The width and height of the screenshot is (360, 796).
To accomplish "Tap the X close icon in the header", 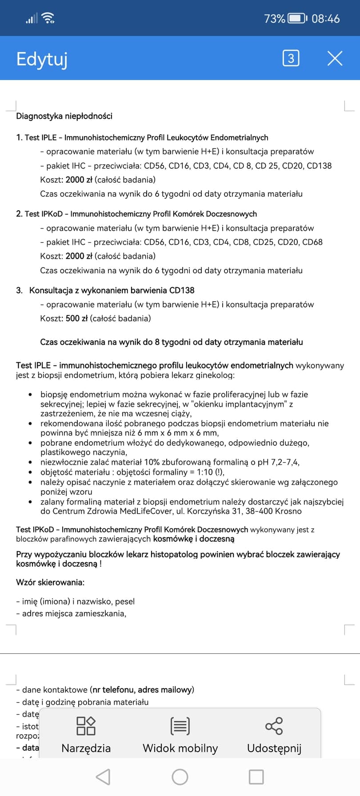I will (x=335, y=58).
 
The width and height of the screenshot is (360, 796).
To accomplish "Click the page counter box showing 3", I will (x=291, y=58).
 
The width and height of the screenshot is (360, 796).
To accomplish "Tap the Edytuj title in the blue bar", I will (x=42, y=59).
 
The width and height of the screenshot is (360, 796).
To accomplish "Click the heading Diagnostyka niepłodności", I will (x=64, y=116).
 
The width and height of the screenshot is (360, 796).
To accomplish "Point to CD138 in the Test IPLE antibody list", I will (x=319, y=166).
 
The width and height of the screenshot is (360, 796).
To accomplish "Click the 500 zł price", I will (x=76, y=318).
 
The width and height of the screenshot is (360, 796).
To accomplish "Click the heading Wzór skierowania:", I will (x=50, y=582).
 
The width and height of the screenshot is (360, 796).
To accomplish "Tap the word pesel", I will (x=125, y=601).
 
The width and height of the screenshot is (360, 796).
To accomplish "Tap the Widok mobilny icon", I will (x=180, y=726).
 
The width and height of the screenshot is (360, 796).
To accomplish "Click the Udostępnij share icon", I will (x=274, y=726).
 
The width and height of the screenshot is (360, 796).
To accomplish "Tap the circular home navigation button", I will (x=180, y=777).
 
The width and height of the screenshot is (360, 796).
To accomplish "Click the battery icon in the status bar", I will (x=297, y=19).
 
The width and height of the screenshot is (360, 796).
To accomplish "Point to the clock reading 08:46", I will (x=325, y=19).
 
